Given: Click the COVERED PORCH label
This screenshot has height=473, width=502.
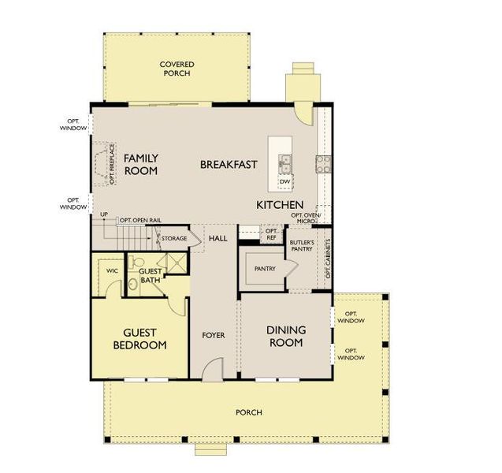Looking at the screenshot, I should point(177,69).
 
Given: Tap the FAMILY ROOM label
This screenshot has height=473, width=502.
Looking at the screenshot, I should point(141,164).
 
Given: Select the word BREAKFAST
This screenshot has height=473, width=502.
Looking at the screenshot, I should point(229,164).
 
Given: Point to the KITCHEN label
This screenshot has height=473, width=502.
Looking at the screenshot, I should point(280,205).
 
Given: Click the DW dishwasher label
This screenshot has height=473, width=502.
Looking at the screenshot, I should point(284,182).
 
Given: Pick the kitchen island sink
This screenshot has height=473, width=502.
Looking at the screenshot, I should point(284,163).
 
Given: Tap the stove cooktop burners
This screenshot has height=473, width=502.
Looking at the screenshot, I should point(323,163).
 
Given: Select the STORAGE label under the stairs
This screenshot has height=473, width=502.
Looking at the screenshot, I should point(174,237).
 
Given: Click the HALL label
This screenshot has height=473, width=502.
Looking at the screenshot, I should point(218,237).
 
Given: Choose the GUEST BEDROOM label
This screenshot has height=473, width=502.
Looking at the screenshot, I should point(140,339).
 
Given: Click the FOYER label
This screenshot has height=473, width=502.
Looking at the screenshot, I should point(214,335).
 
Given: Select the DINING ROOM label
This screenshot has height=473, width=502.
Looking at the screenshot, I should point(285,336).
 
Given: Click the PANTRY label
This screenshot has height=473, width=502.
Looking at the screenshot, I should point(263,269).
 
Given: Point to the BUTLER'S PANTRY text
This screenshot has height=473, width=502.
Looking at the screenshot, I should point(303,245).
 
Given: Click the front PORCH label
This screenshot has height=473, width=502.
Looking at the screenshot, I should point(248,412).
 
